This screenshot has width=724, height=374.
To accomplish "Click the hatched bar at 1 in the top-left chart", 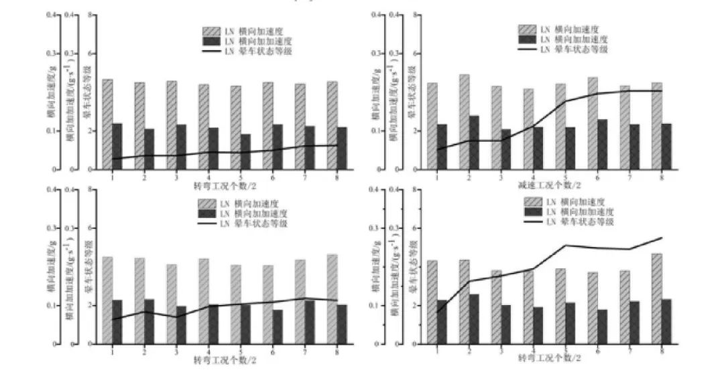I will click(107, 124).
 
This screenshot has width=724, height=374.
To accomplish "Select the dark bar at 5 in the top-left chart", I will click(246, 152).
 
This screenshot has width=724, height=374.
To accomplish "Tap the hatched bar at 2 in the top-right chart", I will click(464, 121).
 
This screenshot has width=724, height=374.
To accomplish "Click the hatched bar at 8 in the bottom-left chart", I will click(332, 299).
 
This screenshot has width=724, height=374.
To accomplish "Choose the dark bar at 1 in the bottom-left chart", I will click(117, 322).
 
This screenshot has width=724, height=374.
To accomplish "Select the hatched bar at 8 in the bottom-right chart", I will click(657, 298).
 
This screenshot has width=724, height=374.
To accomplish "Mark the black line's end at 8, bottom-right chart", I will click(662, 238).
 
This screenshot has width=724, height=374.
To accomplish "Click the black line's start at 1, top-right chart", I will click(437, 149).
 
